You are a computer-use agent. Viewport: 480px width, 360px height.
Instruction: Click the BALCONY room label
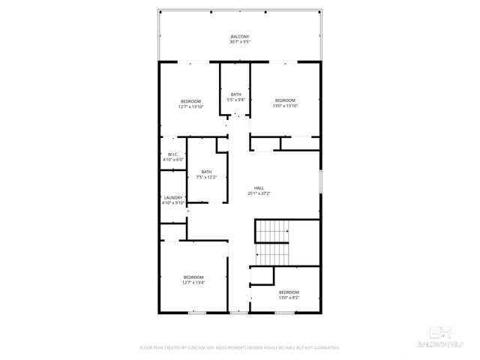(x=239, y=37)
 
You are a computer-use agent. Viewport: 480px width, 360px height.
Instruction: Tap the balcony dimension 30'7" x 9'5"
(x=239, y=42)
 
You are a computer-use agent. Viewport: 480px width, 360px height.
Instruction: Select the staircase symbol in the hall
(x=272, y=232)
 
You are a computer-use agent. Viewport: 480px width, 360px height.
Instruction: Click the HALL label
(x=259, y=188)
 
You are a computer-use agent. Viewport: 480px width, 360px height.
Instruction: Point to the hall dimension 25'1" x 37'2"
(x=259, y=193)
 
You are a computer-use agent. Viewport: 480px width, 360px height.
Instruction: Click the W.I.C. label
(x=172, y=154)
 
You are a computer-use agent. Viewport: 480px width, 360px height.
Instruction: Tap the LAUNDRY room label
(x=172, y=198)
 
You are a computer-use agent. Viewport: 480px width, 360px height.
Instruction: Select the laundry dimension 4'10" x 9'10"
(x=172, y=203)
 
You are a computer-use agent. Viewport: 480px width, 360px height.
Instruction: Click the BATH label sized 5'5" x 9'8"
(x=236, y=94)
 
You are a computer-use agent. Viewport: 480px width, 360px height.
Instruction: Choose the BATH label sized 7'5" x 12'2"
(x=206, y=172)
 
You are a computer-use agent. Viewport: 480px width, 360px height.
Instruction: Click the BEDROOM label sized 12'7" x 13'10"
(x=190, y=101)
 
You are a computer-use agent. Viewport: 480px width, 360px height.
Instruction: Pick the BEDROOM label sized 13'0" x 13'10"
(x=286, y=100)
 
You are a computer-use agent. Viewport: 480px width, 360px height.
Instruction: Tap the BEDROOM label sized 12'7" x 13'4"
(x=193, y=277)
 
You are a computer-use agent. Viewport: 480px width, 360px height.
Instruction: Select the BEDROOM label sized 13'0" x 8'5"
(x=289, y=292)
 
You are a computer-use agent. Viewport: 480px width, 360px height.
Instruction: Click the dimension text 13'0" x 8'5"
(x=289, y=298)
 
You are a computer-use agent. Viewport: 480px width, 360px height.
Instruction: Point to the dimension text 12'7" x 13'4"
(x=193, y=283)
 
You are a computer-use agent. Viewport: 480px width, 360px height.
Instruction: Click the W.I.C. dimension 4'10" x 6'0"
(x=172, y=160)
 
